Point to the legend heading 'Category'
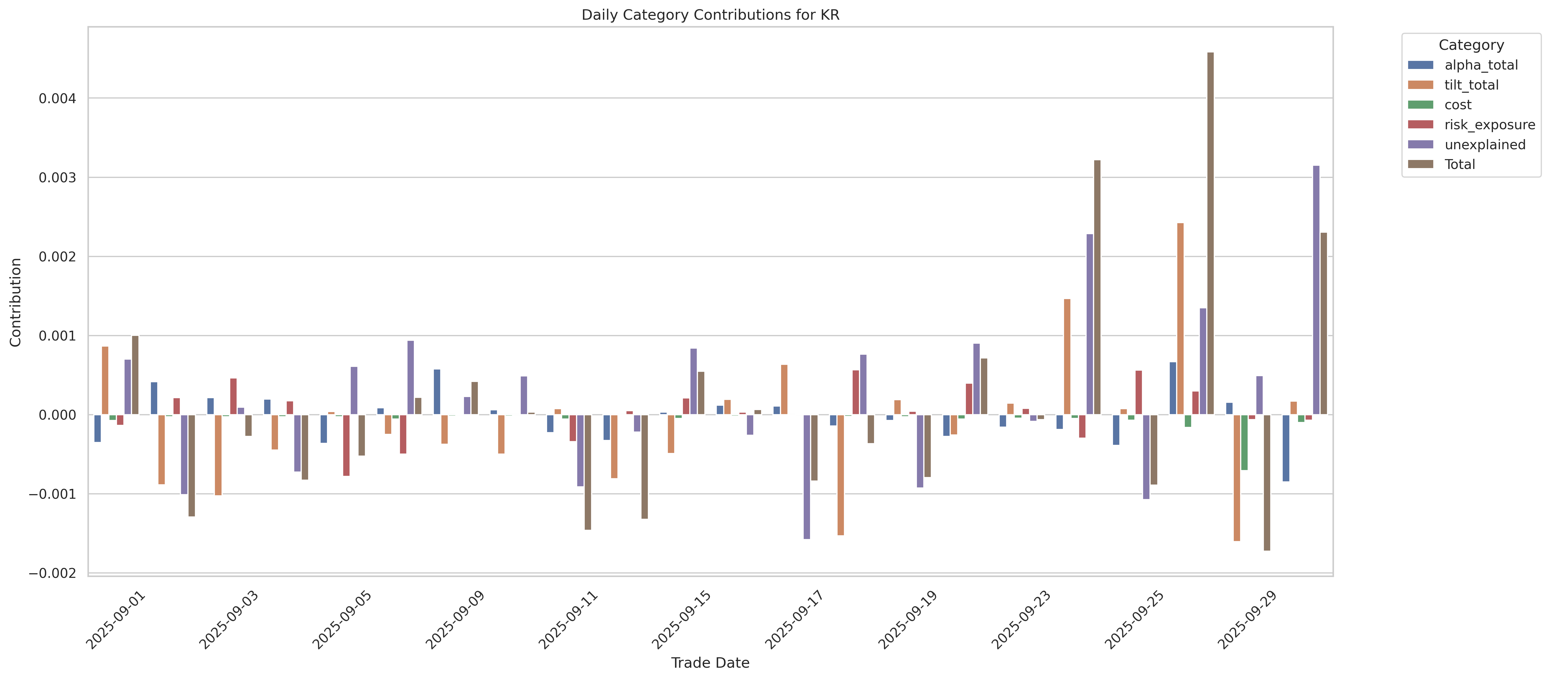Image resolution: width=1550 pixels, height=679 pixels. point(1471,45)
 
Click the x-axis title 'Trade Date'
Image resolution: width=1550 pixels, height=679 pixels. point(710,663)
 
